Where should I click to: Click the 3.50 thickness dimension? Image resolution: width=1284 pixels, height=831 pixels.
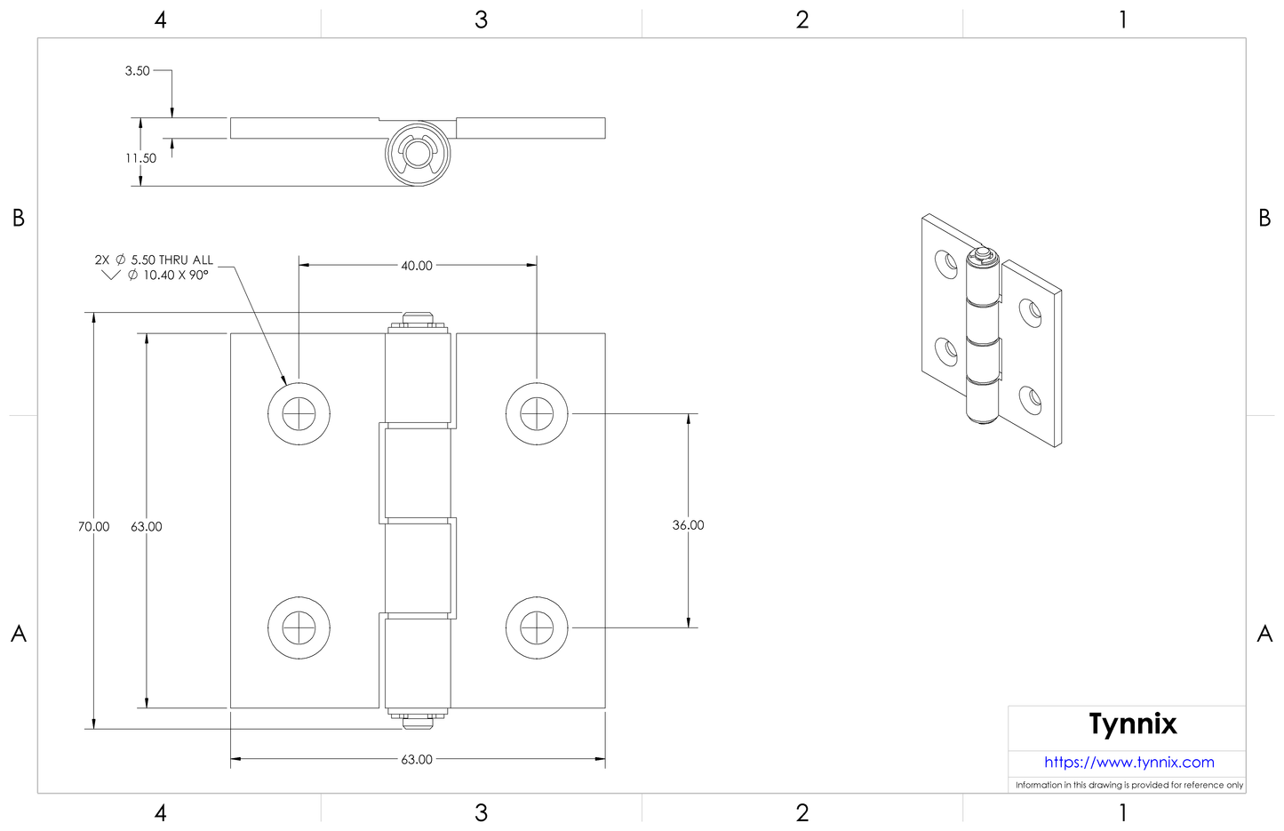(x=137, y=71)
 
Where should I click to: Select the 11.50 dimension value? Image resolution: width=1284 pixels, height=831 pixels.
(x=140, y=158)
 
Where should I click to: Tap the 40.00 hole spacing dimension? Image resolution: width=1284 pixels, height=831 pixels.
(x=417, y=266)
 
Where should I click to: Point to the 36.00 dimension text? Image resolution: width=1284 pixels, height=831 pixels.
(x=688, y=525)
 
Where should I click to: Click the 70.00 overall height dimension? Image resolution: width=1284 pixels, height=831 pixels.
(x=93, y=527)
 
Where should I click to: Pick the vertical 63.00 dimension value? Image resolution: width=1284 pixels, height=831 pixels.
(x=147, y=527)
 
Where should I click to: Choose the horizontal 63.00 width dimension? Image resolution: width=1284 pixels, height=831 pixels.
(x=417, y=760)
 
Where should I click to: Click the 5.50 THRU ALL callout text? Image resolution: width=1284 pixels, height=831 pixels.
(x=171, y=260)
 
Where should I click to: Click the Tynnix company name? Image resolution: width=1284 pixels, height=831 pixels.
(x=1133, y=724)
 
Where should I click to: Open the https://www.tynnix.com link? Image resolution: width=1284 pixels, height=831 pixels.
(x=1128, y=763)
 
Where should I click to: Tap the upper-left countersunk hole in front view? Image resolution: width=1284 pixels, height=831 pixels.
(x=299, y=413)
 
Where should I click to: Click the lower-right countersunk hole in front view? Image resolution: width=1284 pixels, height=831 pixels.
(x=537, y=627)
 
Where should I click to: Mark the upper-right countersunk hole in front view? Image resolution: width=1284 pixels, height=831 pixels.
(x=537, y=413)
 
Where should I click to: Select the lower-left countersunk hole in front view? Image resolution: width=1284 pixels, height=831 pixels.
(x=299, y=627)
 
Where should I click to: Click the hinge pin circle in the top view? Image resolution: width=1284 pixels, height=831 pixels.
(x=418, y=153)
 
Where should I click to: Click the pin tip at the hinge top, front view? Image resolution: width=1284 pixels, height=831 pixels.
(x=417, y=319)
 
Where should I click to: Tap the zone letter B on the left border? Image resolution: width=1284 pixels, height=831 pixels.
(x=19, y=218)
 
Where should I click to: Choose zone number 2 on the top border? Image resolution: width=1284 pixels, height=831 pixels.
(x=802, y=20)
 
